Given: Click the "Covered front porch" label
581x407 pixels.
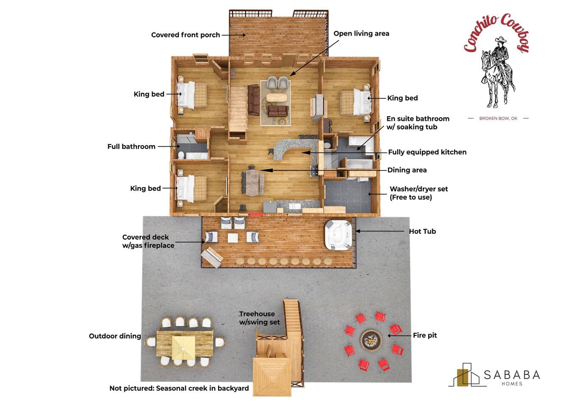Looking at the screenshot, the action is click(x=185, y=35).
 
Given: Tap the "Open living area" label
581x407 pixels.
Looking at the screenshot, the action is click(x=361, y=33).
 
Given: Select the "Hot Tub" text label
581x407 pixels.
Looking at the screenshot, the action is click(x=422, y=231).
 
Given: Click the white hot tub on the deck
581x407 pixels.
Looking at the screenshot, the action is click(x=338, y=235).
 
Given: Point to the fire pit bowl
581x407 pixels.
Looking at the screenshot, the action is click(x=371, y=340).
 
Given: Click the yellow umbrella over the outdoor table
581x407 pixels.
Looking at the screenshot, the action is click(x=183, y=348).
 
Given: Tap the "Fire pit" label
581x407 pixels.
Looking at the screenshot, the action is click(x=425, y=335).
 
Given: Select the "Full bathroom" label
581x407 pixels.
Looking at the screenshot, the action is click(x=131, y=147).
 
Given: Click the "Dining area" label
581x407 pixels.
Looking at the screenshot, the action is click(x=407, y=170).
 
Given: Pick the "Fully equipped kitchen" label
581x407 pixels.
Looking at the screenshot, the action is click(x=427, y=152).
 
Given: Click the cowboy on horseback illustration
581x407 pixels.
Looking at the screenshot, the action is click(x=497, y=72).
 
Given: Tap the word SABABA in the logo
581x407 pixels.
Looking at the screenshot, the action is click(x=512, y=375).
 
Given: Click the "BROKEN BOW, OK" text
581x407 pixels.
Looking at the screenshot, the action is click(x=498, y=118).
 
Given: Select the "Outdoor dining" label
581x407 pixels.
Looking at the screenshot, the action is click(x=115, y=336).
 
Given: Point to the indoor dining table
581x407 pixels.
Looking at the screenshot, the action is click(x=253, y=183).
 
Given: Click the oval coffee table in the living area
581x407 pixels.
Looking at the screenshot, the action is click(x=277, y=98).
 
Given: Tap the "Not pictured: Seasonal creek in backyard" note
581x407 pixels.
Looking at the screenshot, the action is click(x=179, y=388).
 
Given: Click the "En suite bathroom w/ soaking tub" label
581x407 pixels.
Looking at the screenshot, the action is click(x=418, y=123).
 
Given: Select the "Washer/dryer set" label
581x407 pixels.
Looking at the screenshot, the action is click(x=418, y=189).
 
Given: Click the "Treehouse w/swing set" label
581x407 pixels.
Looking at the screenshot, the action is click(x=259, y=318).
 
